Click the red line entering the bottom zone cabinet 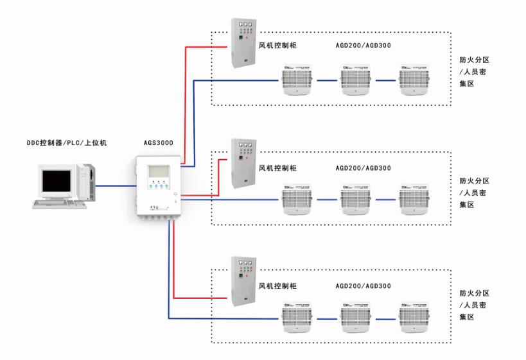[199, 298]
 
